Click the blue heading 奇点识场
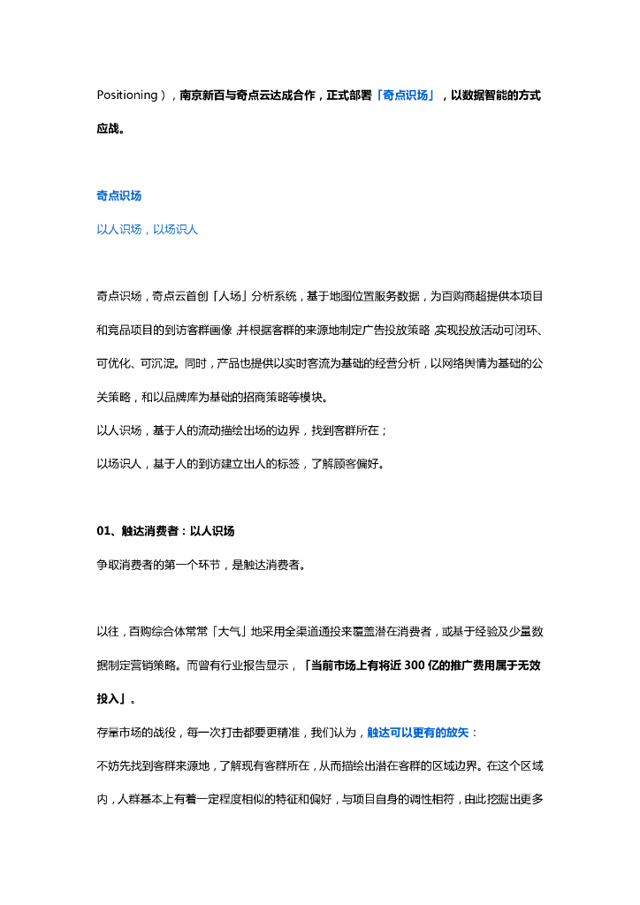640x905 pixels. (x=118, y=195)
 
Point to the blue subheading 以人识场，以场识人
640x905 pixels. (x=147, y=229)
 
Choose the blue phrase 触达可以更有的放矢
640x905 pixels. (x=420, y=732)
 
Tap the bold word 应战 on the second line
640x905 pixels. (x=108, y=128)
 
